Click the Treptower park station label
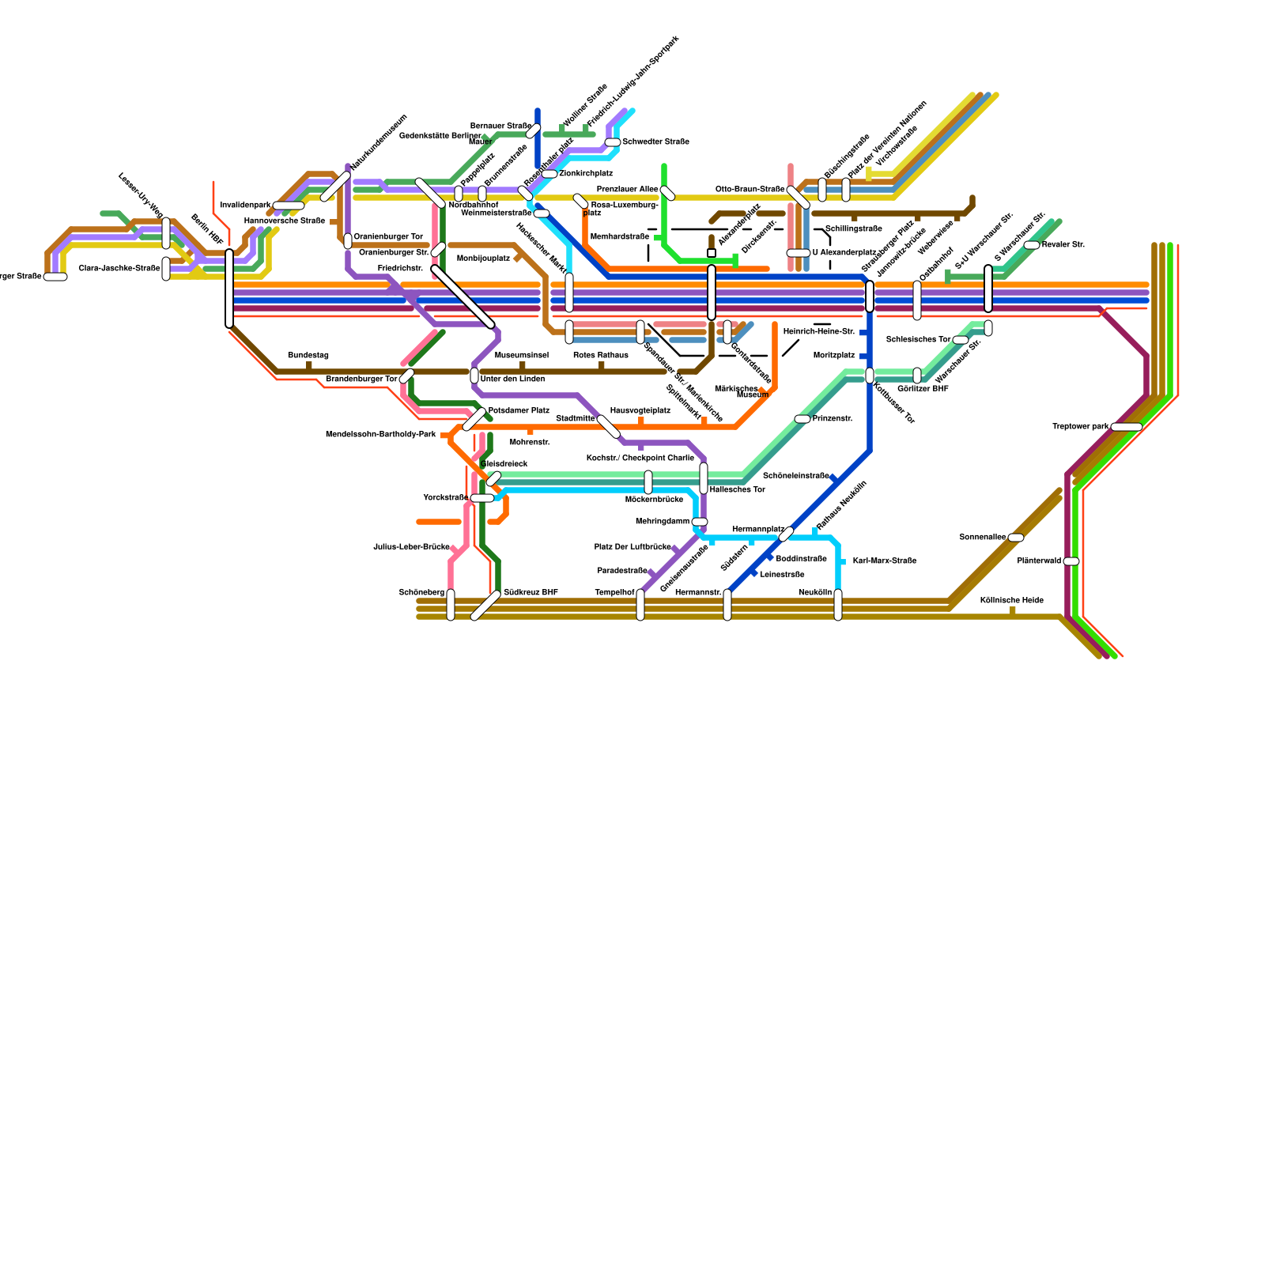point(1080,427)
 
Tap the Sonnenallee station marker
point(1016,538)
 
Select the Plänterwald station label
point(1039,561)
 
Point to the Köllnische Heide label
point(1011,600)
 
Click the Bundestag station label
point(308,356)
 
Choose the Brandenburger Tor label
point(361,379)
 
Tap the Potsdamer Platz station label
point(519,411)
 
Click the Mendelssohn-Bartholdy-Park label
point(380,435)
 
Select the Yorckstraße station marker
point(481,498)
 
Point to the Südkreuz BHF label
point(531,592)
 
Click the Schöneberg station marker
point(451,605)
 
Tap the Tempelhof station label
point(614,593)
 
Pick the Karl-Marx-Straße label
point(884,561)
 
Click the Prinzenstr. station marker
point(802,419)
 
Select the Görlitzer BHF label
point(923,389)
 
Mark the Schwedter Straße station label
point(655,142)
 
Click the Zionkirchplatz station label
point(586,174)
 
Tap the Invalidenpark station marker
point(289,206)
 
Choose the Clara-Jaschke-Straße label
point(119,269)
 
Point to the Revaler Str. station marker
point(1032,245)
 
